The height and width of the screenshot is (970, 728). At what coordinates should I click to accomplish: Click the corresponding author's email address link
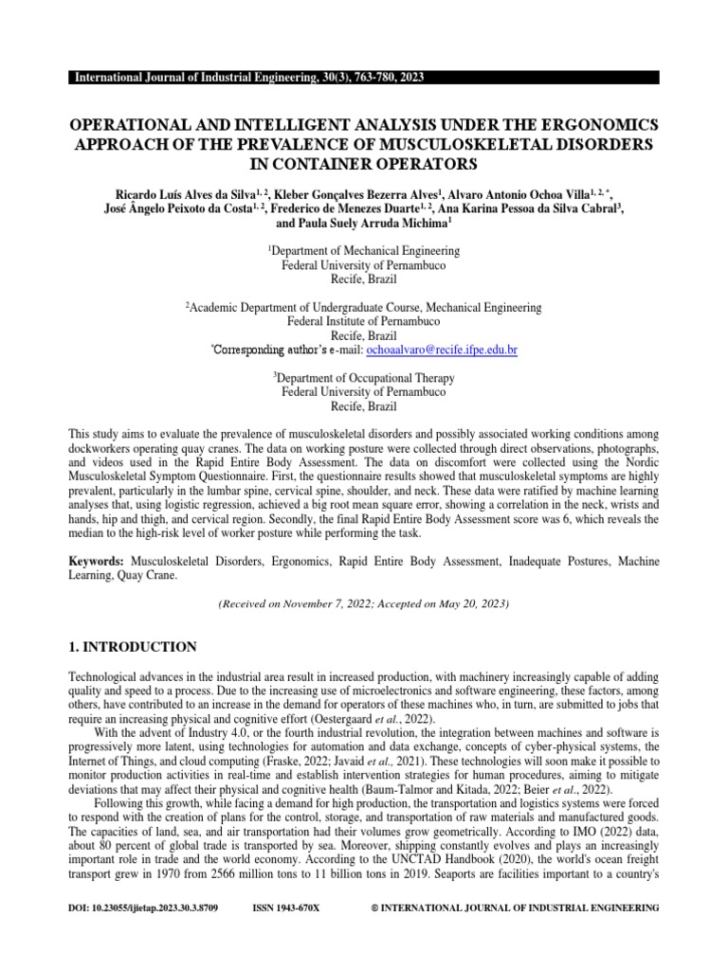pyautogui.click(x=434, y=350)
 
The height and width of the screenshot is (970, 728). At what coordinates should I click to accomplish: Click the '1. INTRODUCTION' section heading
pyautogui.click(x=134, y=647)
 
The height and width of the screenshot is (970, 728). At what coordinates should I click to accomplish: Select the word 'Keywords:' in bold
pyautogui.click(x=99, y=562)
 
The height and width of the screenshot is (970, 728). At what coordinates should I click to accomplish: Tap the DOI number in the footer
pyautogui.click(x=144, y=908)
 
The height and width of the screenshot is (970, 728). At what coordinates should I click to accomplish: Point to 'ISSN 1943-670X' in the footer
pyautogui.click(x=286, y=908)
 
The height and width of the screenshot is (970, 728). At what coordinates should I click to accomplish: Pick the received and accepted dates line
pyautogui.click(x=364, y=603)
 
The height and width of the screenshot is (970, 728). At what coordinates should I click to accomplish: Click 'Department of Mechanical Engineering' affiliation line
pyautogui.click(x=365, y=251)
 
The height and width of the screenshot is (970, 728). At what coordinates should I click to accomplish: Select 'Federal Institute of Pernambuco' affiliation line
pyautogui.click(x=364, y=322)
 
